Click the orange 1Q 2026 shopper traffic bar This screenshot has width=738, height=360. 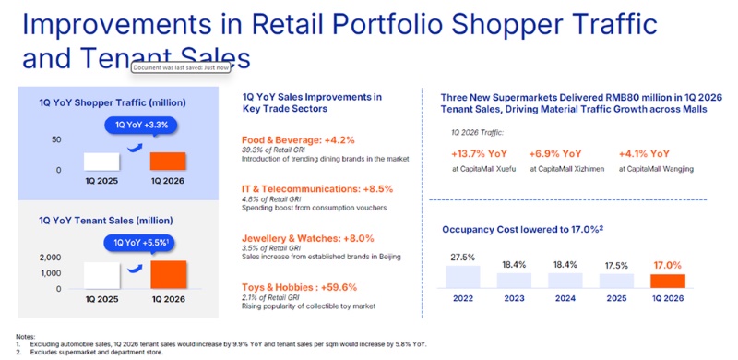coord(167,161)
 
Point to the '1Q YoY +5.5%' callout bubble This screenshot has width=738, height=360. coord(139,242)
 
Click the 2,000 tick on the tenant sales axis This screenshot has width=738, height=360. coord(50,258)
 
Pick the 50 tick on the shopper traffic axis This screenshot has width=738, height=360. coord(55,139)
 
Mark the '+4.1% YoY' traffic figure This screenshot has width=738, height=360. coord(643,153)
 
